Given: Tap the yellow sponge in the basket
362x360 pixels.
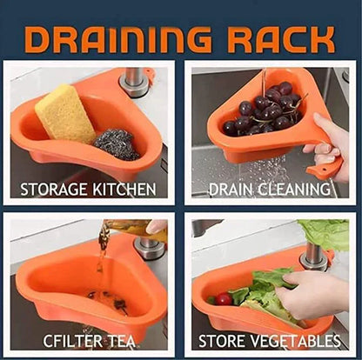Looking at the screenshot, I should point(66,113).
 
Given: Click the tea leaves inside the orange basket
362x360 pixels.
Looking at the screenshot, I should point(109,300).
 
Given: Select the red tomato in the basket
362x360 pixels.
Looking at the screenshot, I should point(225,299).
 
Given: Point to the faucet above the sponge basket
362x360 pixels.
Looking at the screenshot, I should point(134,78).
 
